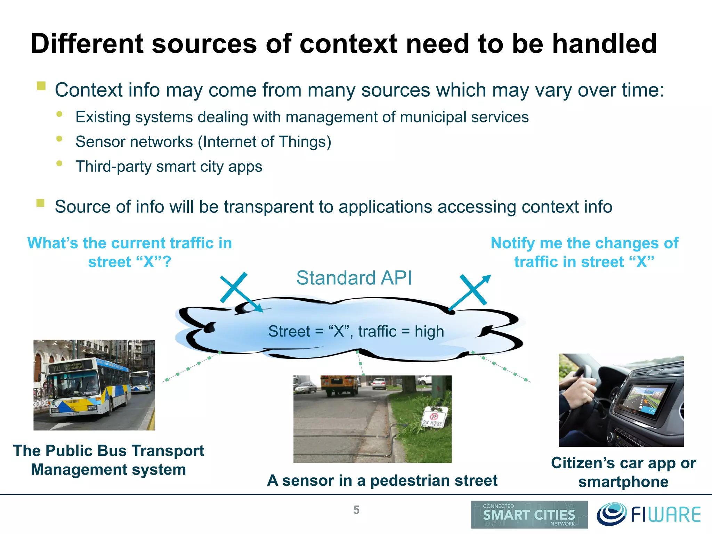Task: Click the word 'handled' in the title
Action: (x=604, y=44)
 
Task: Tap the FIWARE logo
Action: (x=649, y=514)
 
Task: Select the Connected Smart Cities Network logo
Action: (x=529, y=515)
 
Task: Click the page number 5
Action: (x=356, y=510)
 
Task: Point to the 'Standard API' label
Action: (x=354, y=278)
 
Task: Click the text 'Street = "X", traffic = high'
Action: (x=356, y=331)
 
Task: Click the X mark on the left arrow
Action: (x=234, y=287)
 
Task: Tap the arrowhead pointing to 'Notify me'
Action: (x=487, y=278)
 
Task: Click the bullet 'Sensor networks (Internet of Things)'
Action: (x=203, y=142)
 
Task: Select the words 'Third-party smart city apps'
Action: (x=169, y=167)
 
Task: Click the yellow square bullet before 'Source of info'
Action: (x=41, y=203)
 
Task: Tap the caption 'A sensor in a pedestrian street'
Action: (x=382, y=480)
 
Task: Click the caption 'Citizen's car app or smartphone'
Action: (x=623, y=472)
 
